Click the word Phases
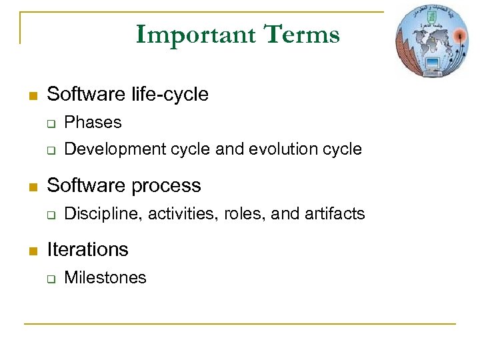93,123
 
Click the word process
166,185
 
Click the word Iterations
87,250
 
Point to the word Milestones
105,278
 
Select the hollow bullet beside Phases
49,123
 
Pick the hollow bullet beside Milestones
49,279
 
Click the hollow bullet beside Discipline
49,215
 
